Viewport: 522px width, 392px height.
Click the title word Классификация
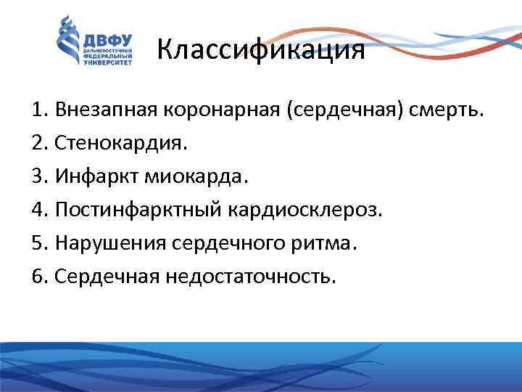click(260, 52)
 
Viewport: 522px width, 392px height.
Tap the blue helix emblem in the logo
click(68, 42)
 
